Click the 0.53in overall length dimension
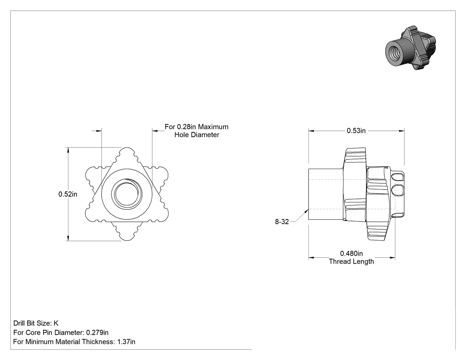pyautogui.click(x=356, y=131)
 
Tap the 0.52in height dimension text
pyautogui.click(x=68, y=194)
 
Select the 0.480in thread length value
pyautogui.click(x=351, y=253)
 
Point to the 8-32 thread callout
pyautogui.click(x=282, y=222)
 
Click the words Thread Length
pyautogui.click(x=351, y=261)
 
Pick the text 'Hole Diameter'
pyautogui.click(x=197, y=135)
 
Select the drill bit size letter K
pyautogui.click(x=56, y=324)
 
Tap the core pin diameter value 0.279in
pyautogui.click(x=97, y=332)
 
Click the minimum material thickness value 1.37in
pyautogui.click(x=126, y=342)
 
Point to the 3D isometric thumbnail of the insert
pyautogui.click(x=411, y=48)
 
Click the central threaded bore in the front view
pyautogui.click(x=127, y=194)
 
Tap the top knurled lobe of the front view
pyautogui.click(x=127, y=155)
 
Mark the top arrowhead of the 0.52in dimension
pyautogui.click(x=68, y=150)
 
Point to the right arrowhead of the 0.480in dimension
pyautogui.click(x=392, y=257)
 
